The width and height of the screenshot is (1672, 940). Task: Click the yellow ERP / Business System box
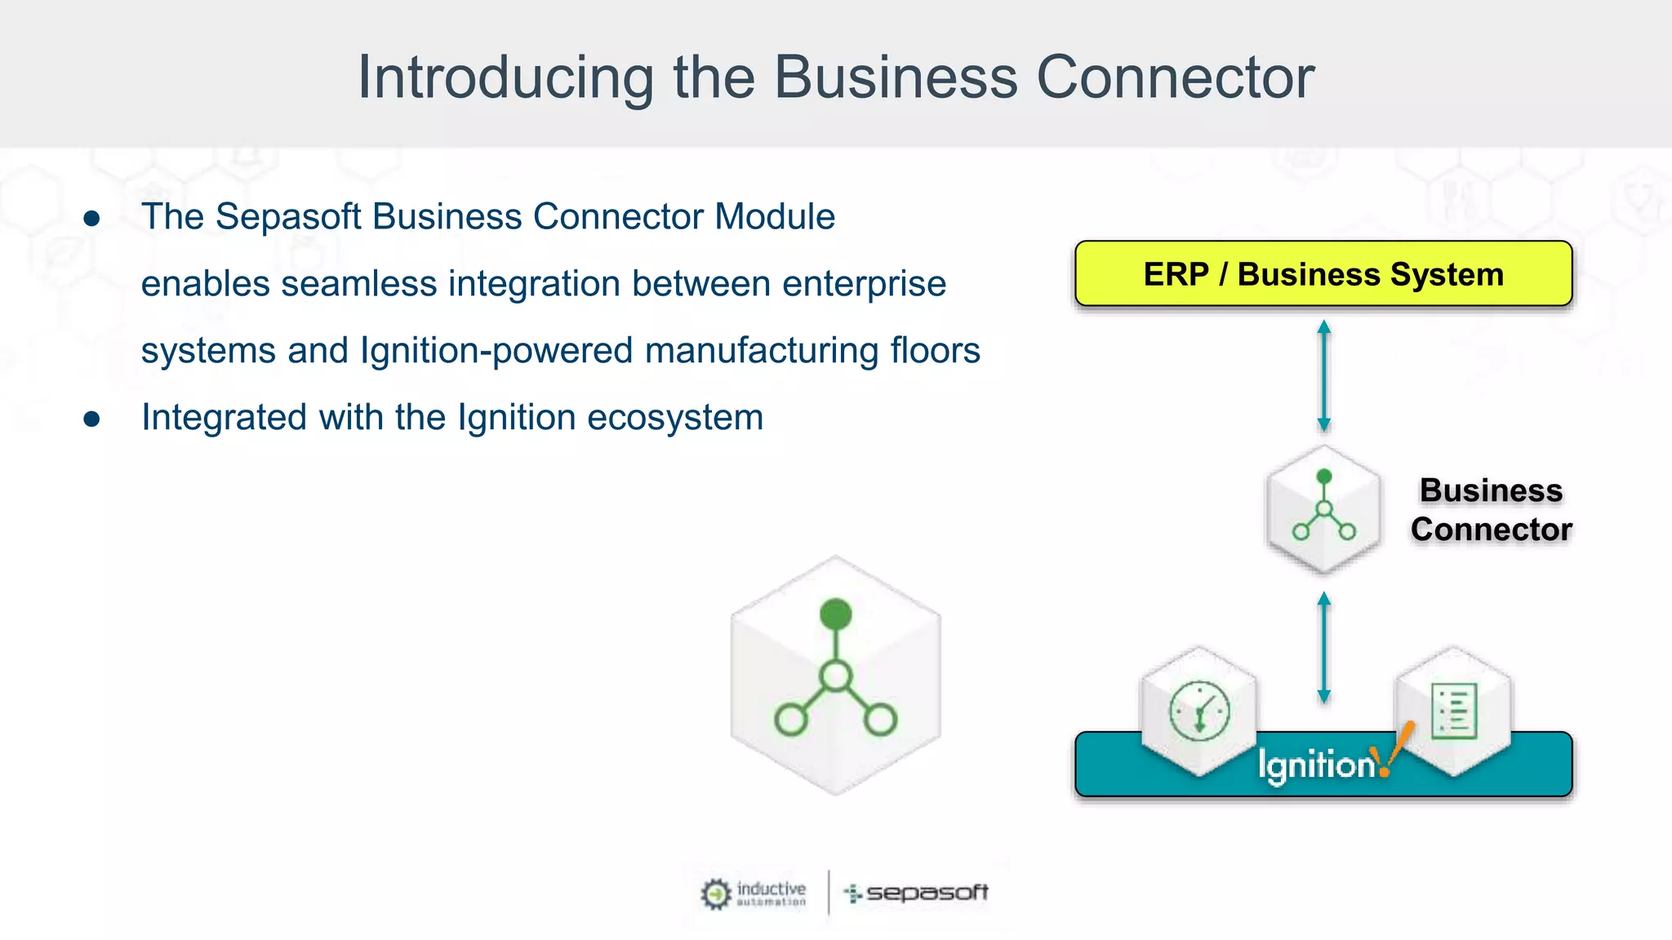coord(1323,274)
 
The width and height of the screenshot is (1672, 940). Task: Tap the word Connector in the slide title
coord(1175,78)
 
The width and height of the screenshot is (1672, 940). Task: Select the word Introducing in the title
coord(505,78)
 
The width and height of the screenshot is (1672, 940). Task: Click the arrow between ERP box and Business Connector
coord(1323,375)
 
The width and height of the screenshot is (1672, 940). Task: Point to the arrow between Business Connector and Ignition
coord(1323,648)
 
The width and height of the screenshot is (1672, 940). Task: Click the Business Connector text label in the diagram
coord(1491,510)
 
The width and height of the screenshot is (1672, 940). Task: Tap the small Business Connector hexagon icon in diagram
coord(1323,509)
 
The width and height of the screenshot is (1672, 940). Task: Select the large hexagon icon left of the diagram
coord(835,676)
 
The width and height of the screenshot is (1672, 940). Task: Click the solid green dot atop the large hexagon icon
coord(835,614)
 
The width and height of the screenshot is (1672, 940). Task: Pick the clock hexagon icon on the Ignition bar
coord(1198,710)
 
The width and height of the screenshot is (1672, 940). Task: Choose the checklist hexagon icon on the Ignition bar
coord(1453,710)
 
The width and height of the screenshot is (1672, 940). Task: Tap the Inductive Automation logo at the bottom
coord(754,893)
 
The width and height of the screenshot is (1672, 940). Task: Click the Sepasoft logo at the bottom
coord(916,893)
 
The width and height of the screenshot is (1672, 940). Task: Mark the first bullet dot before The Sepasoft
coord(91,218)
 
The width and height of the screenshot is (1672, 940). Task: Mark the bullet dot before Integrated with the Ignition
coord(91,419)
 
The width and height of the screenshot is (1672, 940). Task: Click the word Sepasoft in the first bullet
coord(288,217)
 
